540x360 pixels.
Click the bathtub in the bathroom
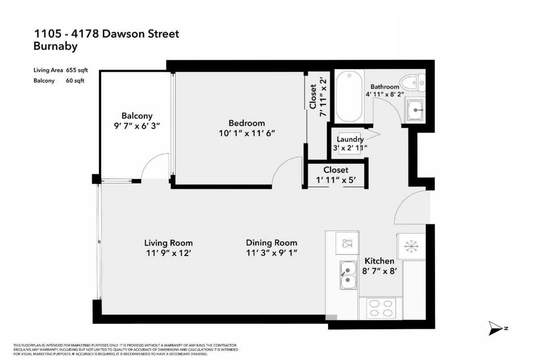(x=349, y=96)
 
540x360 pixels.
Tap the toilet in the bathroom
(x=413, y=82)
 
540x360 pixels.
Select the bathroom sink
(x=415, y=110)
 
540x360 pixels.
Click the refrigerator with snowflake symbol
(x=410, y=246)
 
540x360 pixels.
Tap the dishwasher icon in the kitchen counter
(x=347, y=243)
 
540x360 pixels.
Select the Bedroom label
(x=247, y=123)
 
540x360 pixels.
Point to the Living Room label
(x=168, y=243)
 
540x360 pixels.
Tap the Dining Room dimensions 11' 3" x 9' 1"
(x=271, y=253)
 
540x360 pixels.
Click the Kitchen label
(x=379, y=261)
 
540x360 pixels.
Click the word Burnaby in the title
(x=55, y=46)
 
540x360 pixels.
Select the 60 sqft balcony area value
(x=75, y=81)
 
